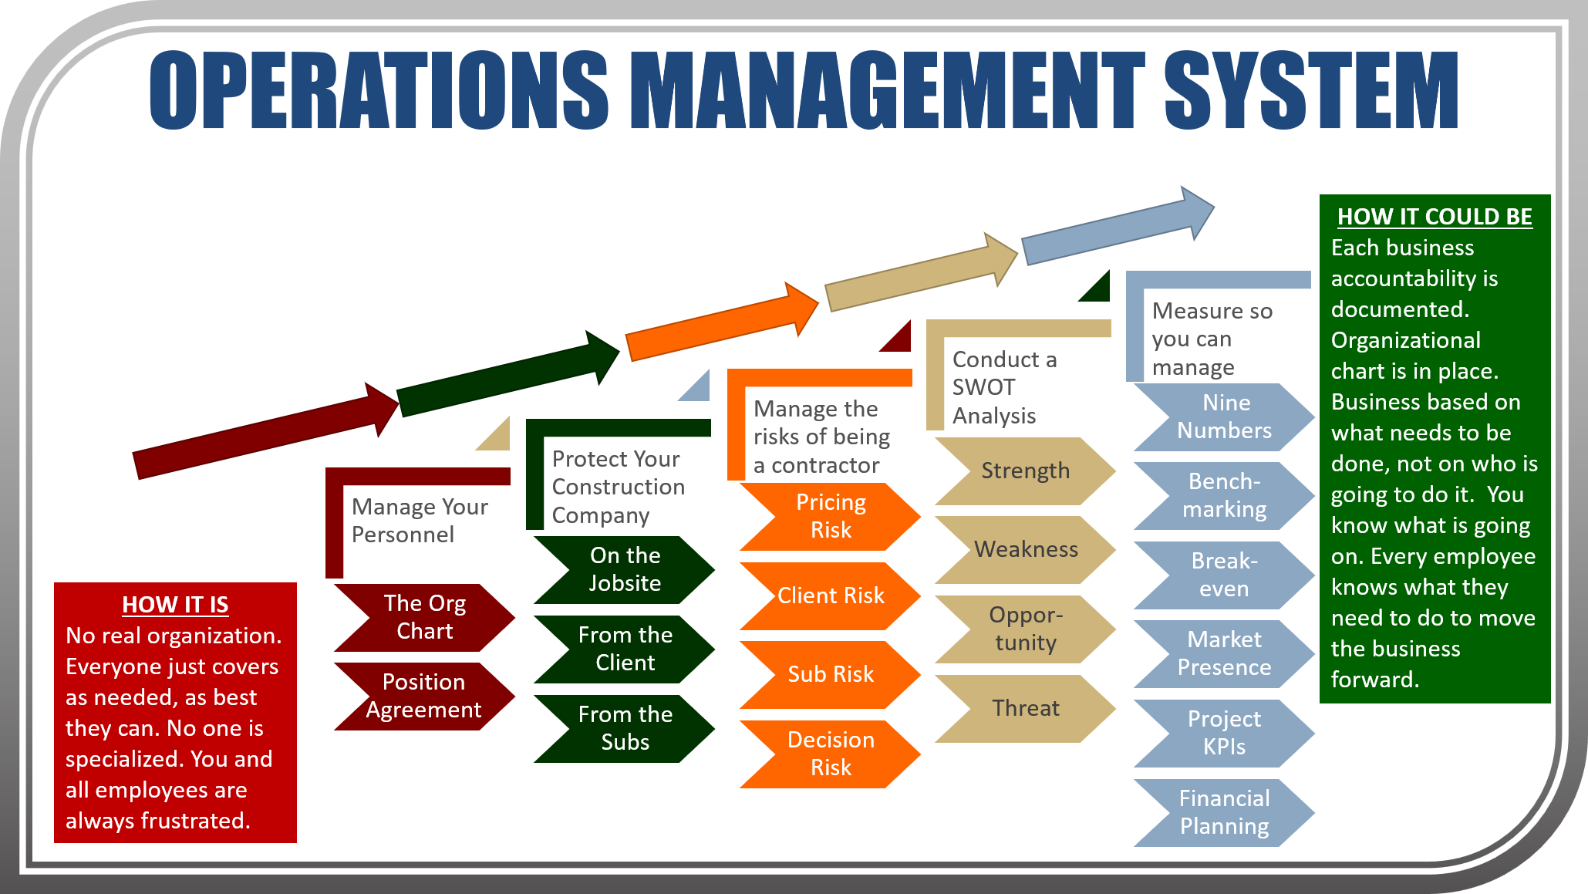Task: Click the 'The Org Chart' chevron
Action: coord(424,617)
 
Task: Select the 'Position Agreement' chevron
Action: coord(424,696)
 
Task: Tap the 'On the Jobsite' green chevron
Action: coord(625,569)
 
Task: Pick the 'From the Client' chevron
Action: coord(625,649)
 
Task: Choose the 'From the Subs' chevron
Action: coord(625,728)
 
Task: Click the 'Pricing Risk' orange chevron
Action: coord(831,516)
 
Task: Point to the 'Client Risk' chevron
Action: coord(831,595)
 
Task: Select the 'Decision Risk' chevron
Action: coord(831,754)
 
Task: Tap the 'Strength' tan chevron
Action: coord(1025,471)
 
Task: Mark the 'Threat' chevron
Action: coord(1025,708)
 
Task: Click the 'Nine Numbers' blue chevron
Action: coord(1224,417)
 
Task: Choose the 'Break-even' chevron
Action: coord(1224,575)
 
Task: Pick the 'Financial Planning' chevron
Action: coord(1224,812)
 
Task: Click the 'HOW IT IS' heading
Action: coord(175,605)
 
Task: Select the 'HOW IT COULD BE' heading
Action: coord(1435,217)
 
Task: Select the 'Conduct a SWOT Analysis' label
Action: coord(1003,387)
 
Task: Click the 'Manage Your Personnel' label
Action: coord(420,521)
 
